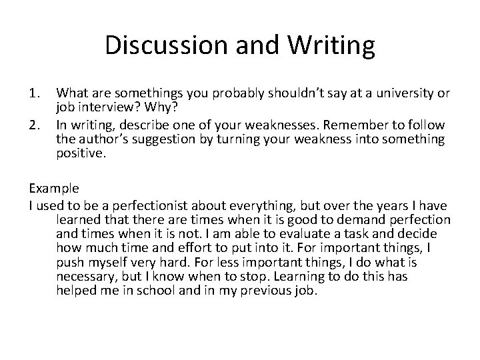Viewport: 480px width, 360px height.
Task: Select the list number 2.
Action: coord(35,124)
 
